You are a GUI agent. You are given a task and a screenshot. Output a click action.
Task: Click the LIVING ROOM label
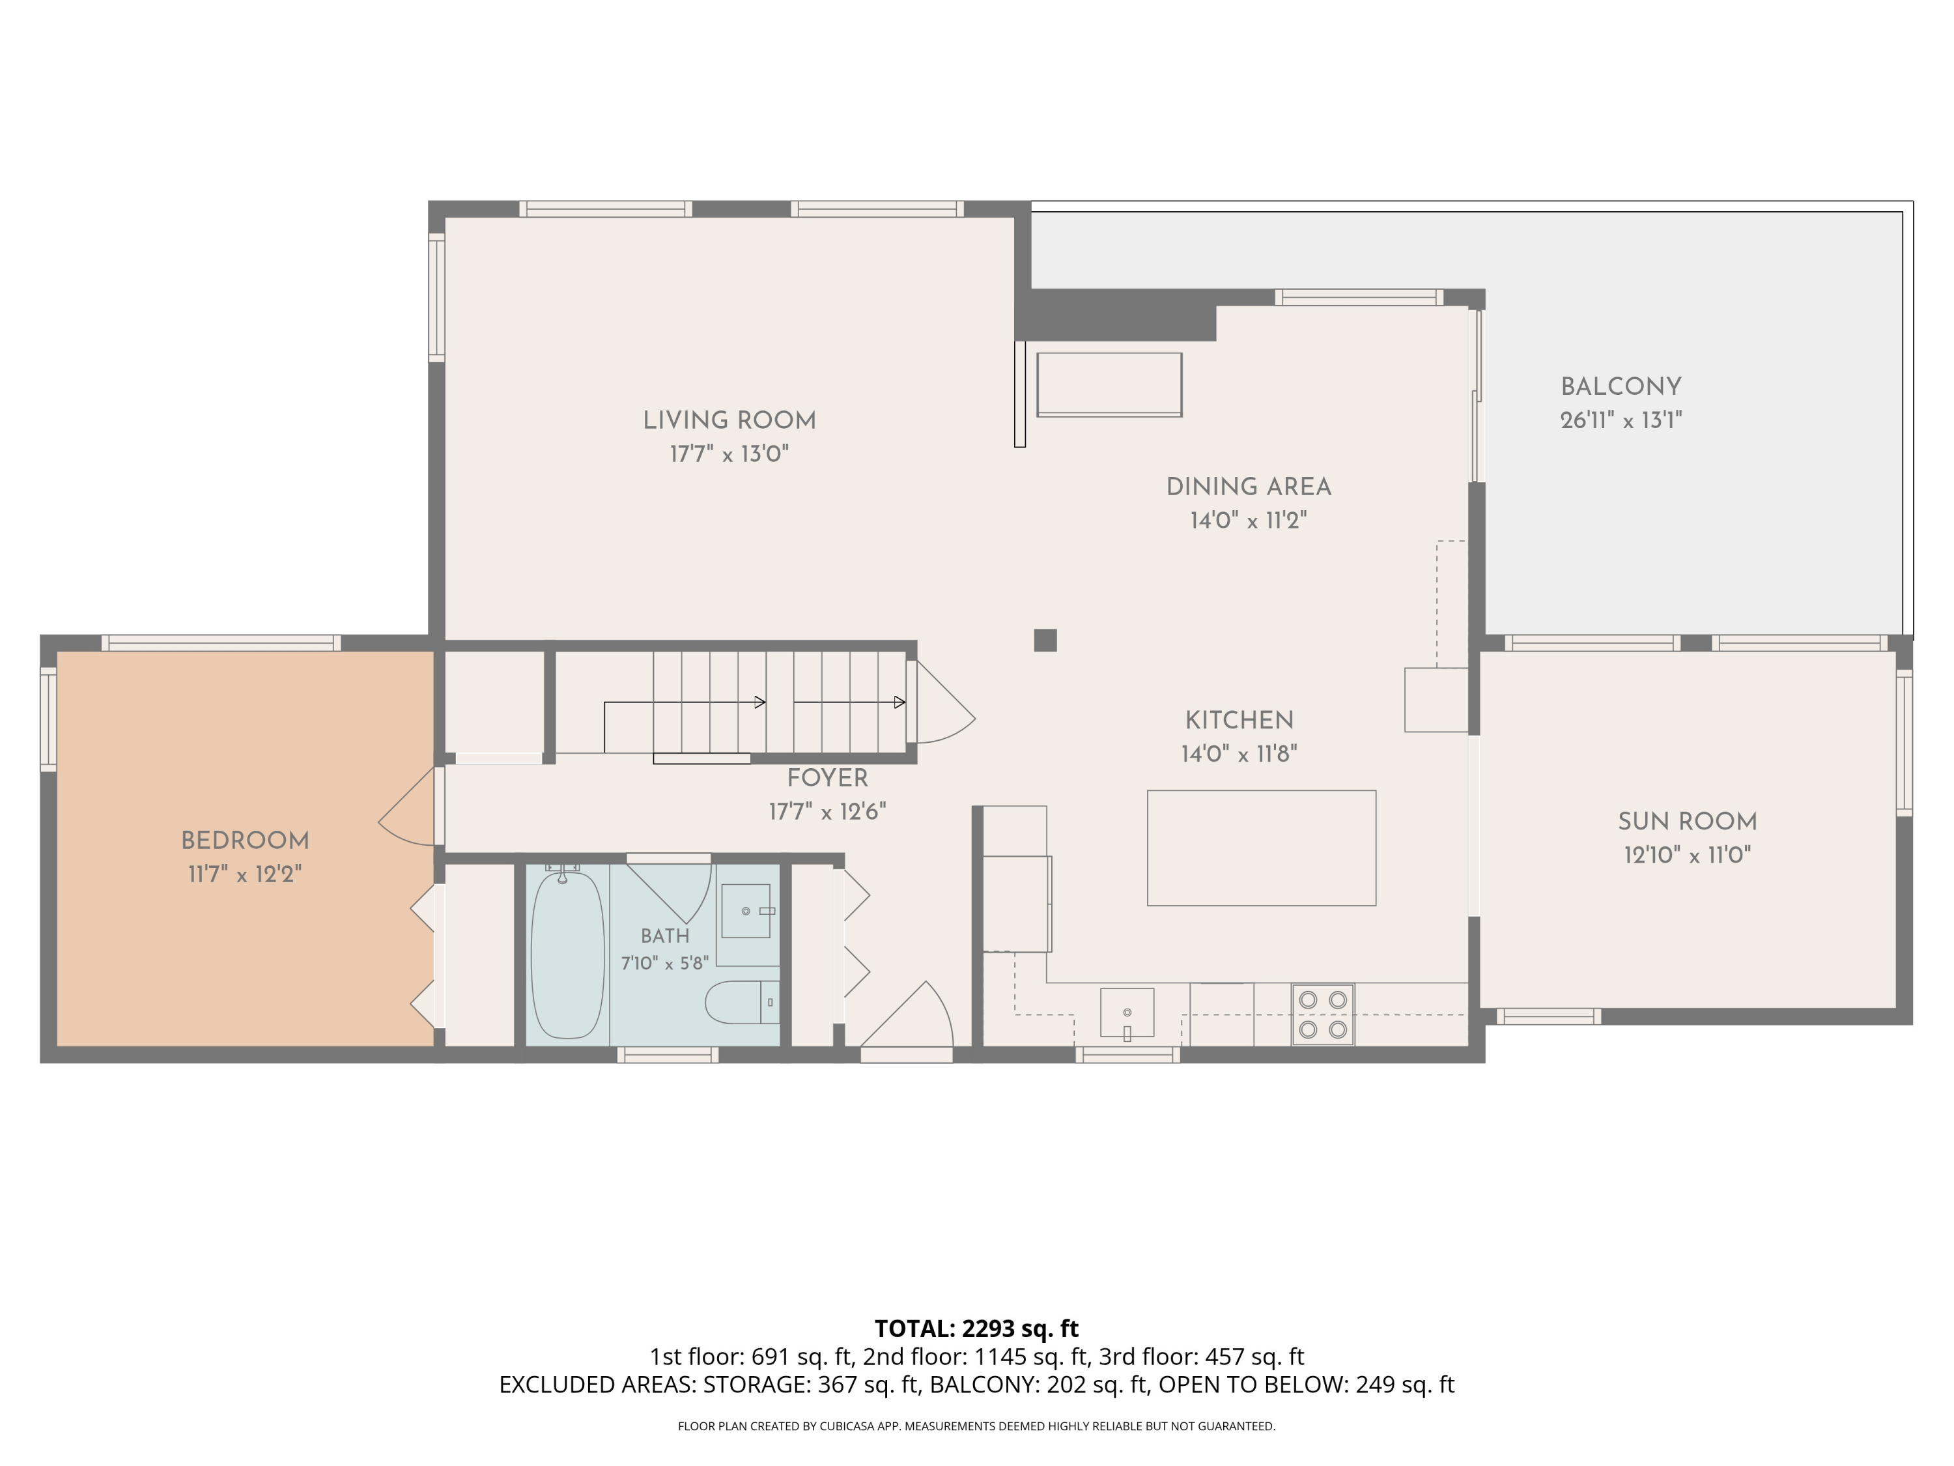(729, 421)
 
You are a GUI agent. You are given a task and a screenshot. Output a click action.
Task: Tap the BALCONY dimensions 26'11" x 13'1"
(1621, 420)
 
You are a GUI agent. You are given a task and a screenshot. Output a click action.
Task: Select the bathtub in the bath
(567, 955)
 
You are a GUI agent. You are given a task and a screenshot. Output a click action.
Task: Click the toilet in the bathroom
(742, 1002)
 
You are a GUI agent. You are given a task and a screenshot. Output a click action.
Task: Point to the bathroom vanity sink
(746, 911)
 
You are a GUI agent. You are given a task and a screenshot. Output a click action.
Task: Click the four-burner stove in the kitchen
(1322, 1014)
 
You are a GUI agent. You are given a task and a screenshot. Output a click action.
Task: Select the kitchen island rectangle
(1262, 848)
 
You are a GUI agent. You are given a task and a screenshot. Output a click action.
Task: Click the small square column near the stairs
(1045, 640)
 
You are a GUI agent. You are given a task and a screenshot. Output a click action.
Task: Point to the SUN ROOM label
(1687, 821)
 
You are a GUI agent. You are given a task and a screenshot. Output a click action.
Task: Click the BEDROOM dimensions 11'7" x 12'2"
(245, 874)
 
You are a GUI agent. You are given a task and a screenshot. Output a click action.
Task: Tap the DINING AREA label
(1248, 487)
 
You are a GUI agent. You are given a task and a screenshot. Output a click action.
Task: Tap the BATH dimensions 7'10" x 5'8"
(664, 963)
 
